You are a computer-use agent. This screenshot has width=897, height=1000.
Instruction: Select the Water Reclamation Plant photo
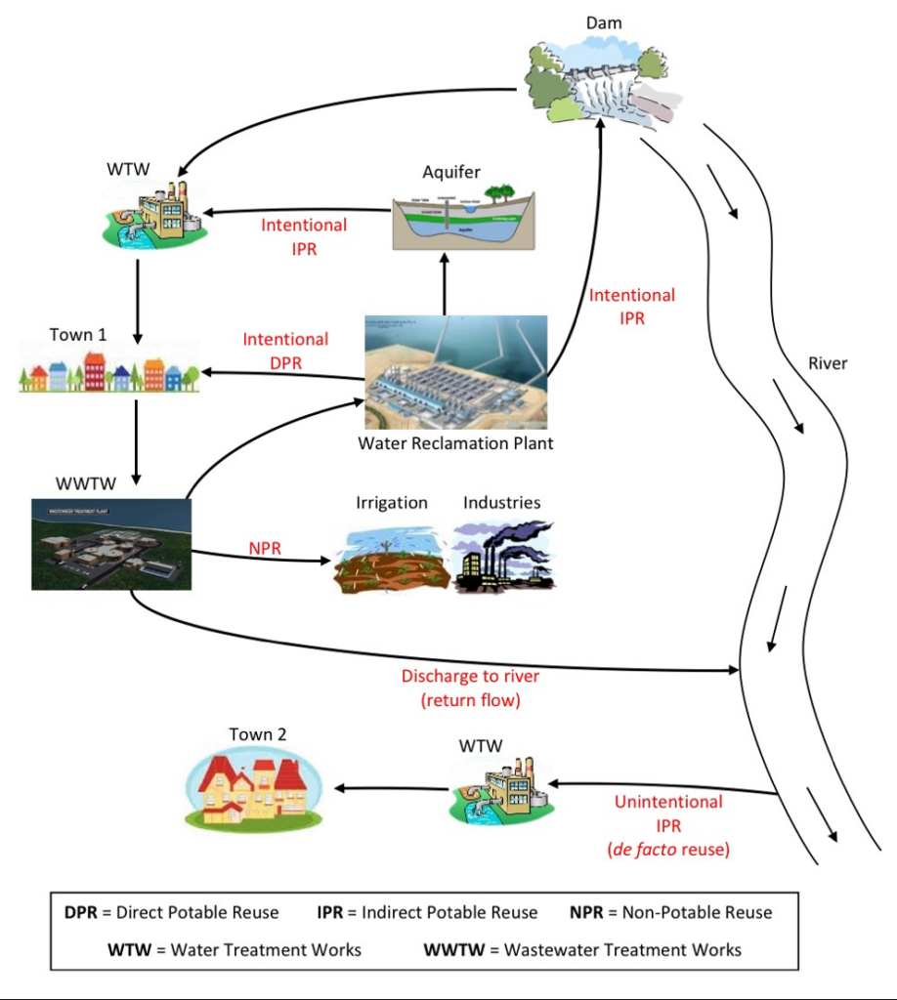point(454,372)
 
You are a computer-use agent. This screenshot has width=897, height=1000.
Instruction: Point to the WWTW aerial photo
point(110,544)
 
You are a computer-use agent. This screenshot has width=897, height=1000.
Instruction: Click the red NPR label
point(265,549)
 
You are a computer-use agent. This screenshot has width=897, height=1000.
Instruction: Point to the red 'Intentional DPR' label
point(285,351)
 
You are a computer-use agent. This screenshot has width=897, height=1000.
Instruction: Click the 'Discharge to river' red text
point(470,676)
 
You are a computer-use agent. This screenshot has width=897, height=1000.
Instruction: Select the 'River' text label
point(828,364)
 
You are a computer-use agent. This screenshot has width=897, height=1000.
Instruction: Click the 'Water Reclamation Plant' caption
point(455,443)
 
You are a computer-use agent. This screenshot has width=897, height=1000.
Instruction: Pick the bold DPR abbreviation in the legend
point(80,913)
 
